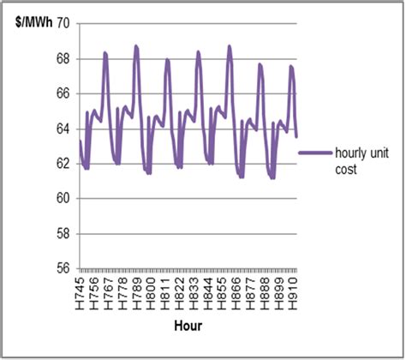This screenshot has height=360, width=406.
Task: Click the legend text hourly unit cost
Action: [x=350, y=160]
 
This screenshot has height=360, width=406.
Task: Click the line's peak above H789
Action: [x=135, y=46]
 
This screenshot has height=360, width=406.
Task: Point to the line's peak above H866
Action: [x=229, y=46]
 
